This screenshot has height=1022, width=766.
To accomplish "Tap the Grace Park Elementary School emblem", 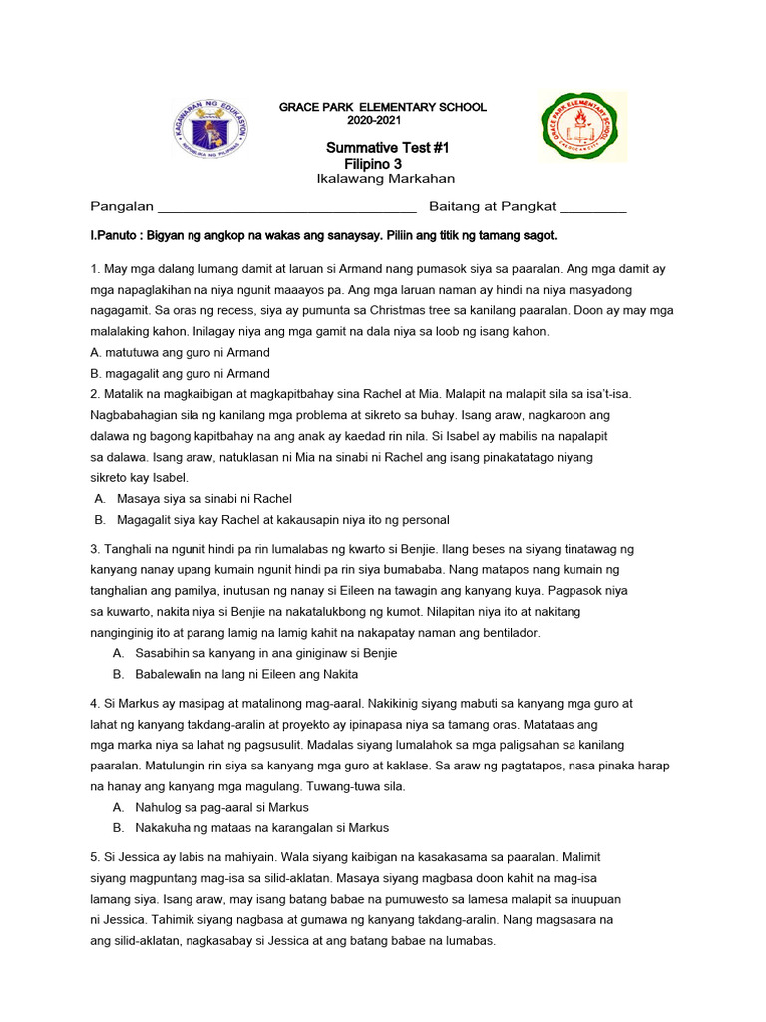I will click(x=583, y=127).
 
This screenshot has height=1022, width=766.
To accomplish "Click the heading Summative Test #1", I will click(x=388, y=148).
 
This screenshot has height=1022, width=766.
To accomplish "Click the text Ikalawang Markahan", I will click(x=385, y=179).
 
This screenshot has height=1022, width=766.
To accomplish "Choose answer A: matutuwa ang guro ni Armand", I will click(x=180, y=352).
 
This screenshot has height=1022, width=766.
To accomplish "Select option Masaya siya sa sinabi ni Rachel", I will click(x=204, y=499).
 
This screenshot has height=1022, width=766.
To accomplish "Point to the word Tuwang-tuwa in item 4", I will click(x=268, y=786).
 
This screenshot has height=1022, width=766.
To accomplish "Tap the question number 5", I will click(x=94, y=857).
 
